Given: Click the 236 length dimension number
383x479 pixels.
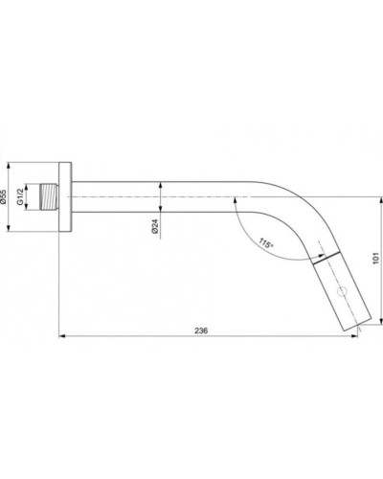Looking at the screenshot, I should pos(201,329).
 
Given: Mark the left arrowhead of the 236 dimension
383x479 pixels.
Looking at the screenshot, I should pos(62,335).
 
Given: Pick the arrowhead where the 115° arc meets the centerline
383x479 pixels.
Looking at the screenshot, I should pos(232,198).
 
